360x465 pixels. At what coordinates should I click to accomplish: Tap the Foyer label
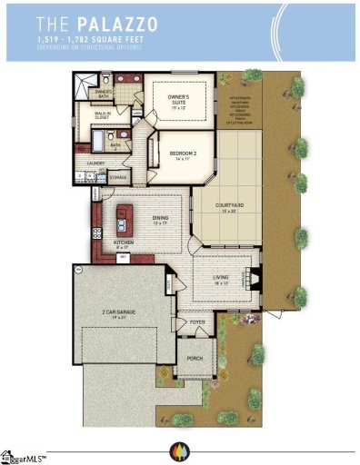click(196, 322)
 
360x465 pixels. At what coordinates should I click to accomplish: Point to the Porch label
click(195, 359)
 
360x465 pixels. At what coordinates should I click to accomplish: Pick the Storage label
click(118, 178)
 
